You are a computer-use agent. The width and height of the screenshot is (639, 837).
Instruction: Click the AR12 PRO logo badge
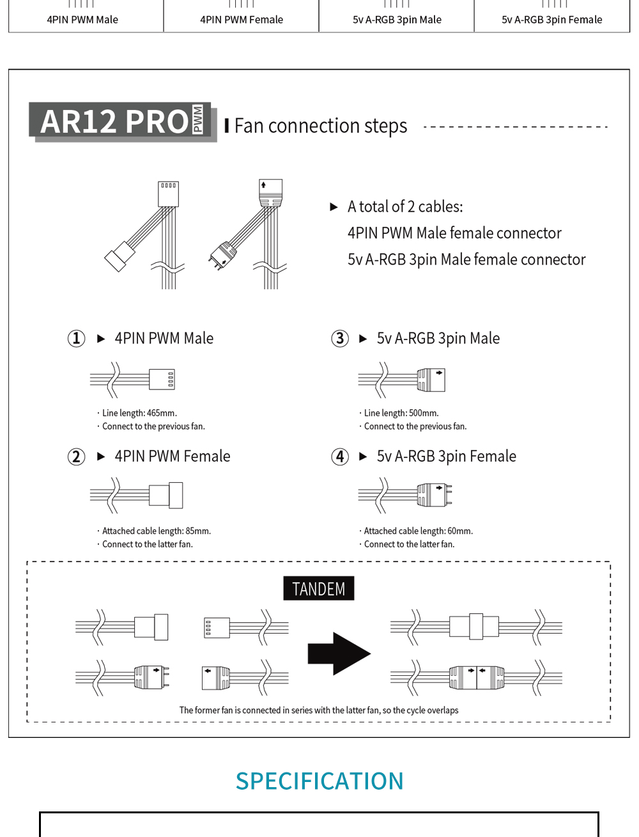(122, 121)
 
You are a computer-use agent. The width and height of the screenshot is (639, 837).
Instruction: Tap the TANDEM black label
(318, 589)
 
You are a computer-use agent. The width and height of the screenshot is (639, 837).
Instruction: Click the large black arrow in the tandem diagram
(339, 653)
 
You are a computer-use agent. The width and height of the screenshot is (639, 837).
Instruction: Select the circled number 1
(76, 338)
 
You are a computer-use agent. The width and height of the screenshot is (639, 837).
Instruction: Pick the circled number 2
(76, 457)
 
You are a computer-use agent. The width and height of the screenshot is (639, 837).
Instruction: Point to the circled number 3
(340, 338)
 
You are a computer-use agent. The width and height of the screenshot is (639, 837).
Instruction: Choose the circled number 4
(340, 457)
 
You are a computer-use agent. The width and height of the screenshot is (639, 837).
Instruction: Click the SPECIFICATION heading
(319, 781)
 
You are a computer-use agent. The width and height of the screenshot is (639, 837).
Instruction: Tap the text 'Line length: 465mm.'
(139, 413)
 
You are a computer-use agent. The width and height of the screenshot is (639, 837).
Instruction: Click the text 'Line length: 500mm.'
(401, 413)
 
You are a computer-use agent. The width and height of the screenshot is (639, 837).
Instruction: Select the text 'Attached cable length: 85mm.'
(156, 531)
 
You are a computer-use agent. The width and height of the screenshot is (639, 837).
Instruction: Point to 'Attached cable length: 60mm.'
(418, 531)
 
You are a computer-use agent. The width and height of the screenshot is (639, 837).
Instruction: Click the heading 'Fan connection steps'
(320, 126)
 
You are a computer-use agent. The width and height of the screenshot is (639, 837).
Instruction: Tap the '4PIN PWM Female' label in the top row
(242, 20)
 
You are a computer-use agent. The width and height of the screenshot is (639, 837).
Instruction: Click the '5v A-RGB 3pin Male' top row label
(397, 20)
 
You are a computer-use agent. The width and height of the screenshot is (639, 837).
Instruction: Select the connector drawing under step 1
(133, 380)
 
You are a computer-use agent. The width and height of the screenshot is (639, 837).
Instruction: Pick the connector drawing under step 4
(405, 495)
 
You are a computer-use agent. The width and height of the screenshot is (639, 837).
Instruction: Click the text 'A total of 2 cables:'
(405, 207)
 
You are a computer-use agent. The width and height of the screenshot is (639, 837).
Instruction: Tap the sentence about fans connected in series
(319, 710)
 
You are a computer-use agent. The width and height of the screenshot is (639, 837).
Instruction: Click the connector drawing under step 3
(402, 380)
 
